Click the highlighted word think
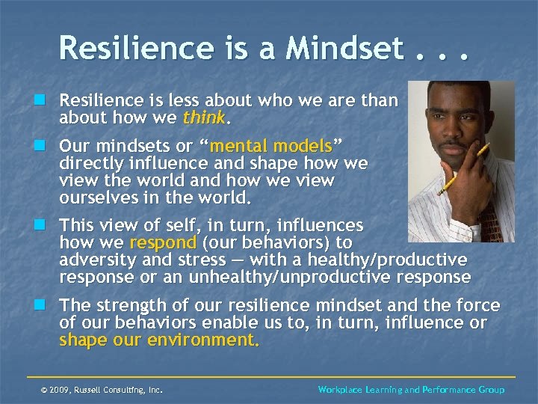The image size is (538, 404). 202,117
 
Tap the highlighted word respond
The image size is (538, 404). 163,242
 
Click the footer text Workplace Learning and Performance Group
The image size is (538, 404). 411,390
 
